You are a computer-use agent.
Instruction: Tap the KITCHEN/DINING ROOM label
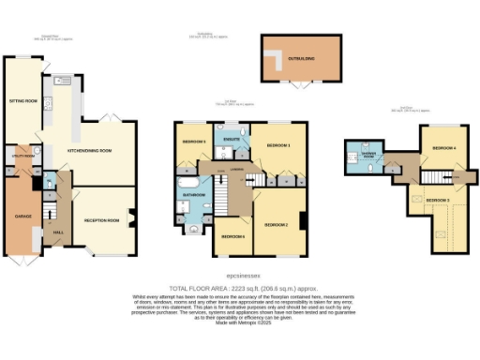(89, 150)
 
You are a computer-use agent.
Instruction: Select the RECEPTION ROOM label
(103, 220)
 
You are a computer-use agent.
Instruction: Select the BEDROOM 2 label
(275, 225)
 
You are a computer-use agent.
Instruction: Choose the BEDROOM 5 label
(193, 142)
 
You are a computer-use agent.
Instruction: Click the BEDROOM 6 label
(232, 236)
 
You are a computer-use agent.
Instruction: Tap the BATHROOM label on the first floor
(194, 195)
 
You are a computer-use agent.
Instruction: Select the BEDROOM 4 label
(444, 148)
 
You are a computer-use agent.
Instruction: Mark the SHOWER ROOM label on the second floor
(360, 155)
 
